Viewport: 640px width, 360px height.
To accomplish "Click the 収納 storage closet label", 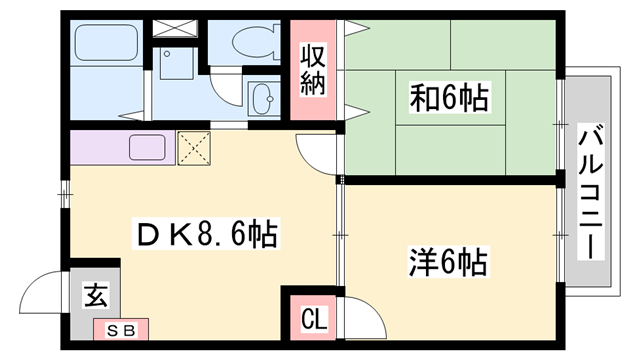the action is pos(314,69).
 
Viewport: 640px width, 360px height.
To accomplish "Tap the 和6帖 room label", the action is pos(450,98).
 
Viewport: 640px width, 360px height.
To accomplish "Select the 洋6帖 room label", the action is pos(447,262).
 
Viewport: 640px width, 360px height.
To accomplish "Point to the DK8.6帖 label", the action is pos(206,236).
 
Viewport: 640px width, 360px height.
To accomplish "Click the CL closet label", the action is pos(313,321).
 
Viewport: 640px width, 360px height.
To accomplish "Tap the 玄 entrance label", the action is pos(96,295).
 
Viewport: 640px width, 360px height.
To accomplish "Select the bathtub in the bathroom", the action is pos(106,46).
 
